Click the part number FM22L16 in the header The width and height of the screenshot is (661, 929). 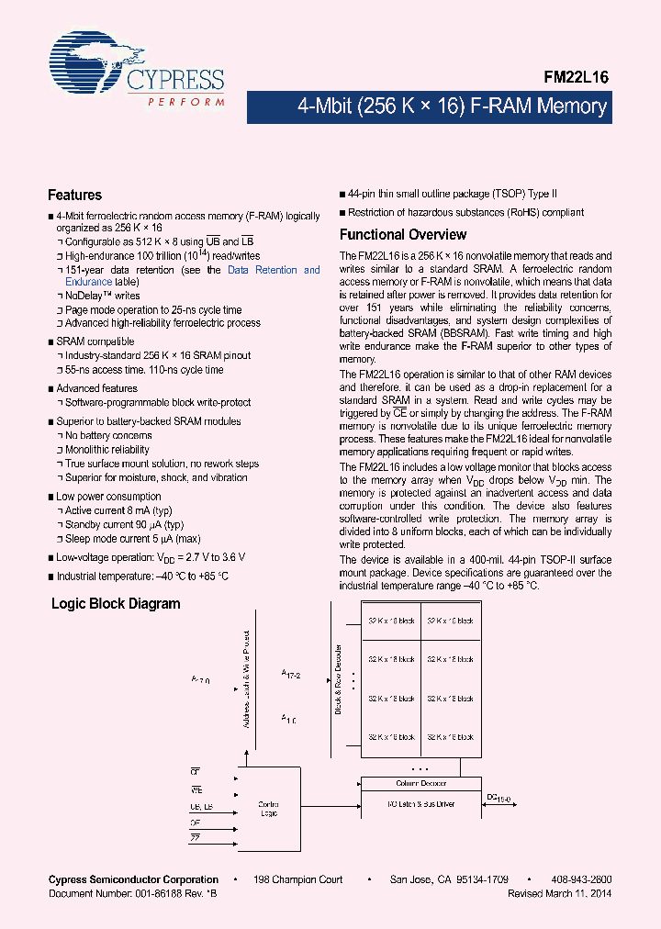(576, 79)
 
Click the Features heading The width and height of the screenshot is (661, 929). (74, 196)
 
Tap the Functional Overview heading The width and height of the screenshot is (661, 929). (403, 234)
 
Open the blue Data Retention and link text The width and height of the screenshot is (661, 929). (274, 270)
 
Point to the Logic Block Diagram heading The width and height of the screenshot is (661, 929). (116, 604)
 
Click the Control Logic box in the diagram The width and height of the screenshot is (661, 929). (270, 808)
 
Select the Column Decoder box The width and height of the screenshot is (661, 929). (420, 783)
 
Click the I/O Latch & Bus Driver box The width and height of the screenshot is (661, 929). (420, 804)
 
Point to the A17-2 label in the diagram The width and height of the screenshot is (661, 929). (293, 673)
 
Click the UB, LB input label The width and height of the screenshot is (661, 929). (201, 806)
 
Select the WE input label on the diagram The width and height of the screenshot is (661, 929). (196, 789)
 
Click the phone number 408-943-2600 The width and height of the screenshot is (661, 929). (581, 879)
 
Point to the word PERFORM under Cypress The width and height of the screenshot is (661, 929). (186, 101)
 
